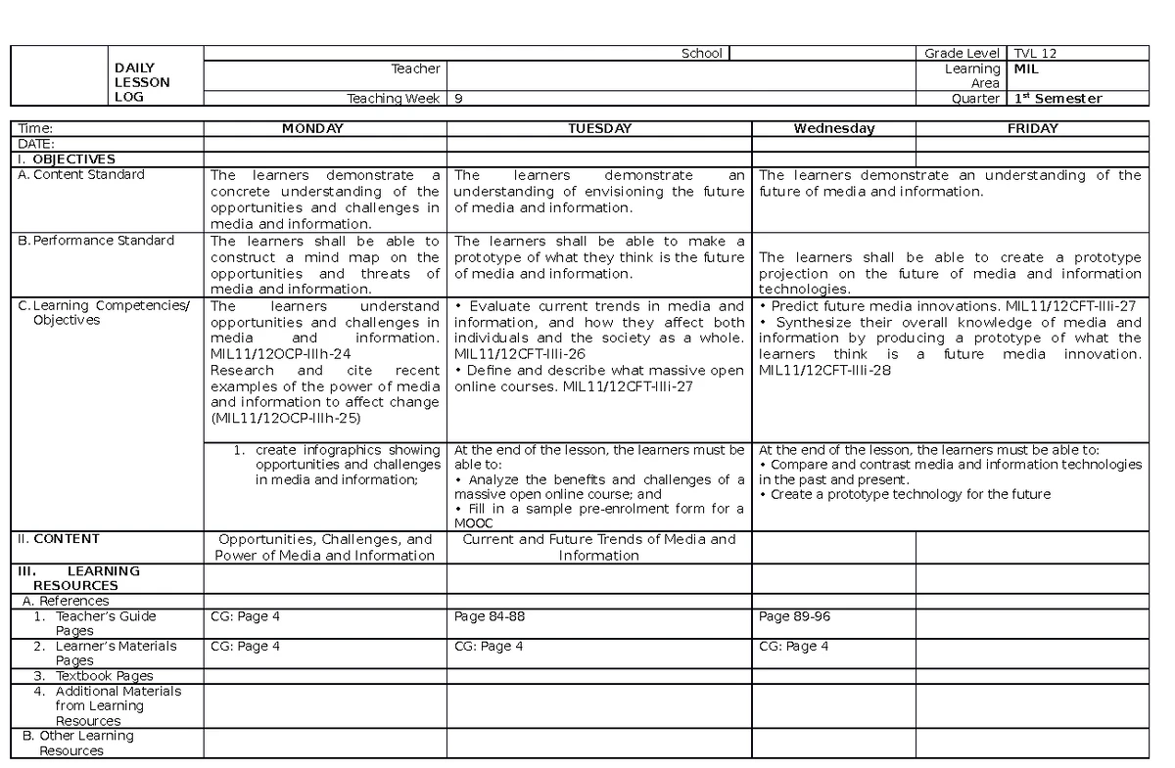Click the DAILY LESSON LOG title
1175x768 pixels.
[142, 82]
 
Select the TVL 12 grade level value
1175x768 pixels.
[1035, 54]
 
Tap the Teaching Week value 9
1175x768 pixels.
[459, 99]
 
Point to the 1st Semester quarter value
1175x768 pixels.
[1057, 99]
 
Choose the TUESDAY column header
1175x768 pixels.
[599, 128]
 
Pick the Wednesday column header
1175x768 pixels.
[833, 128]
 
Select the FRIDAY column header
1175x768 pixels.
[1032, 128]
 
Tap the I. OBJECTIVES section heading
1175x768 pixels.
[65, 158]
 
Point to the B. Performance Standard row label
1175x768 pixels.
[96, 241]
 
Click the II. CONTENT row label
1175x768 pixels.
[58, 539]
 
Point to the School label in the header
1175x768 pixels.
[702, 54]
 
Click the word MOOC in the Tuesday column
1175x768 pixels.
[474, 523]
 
